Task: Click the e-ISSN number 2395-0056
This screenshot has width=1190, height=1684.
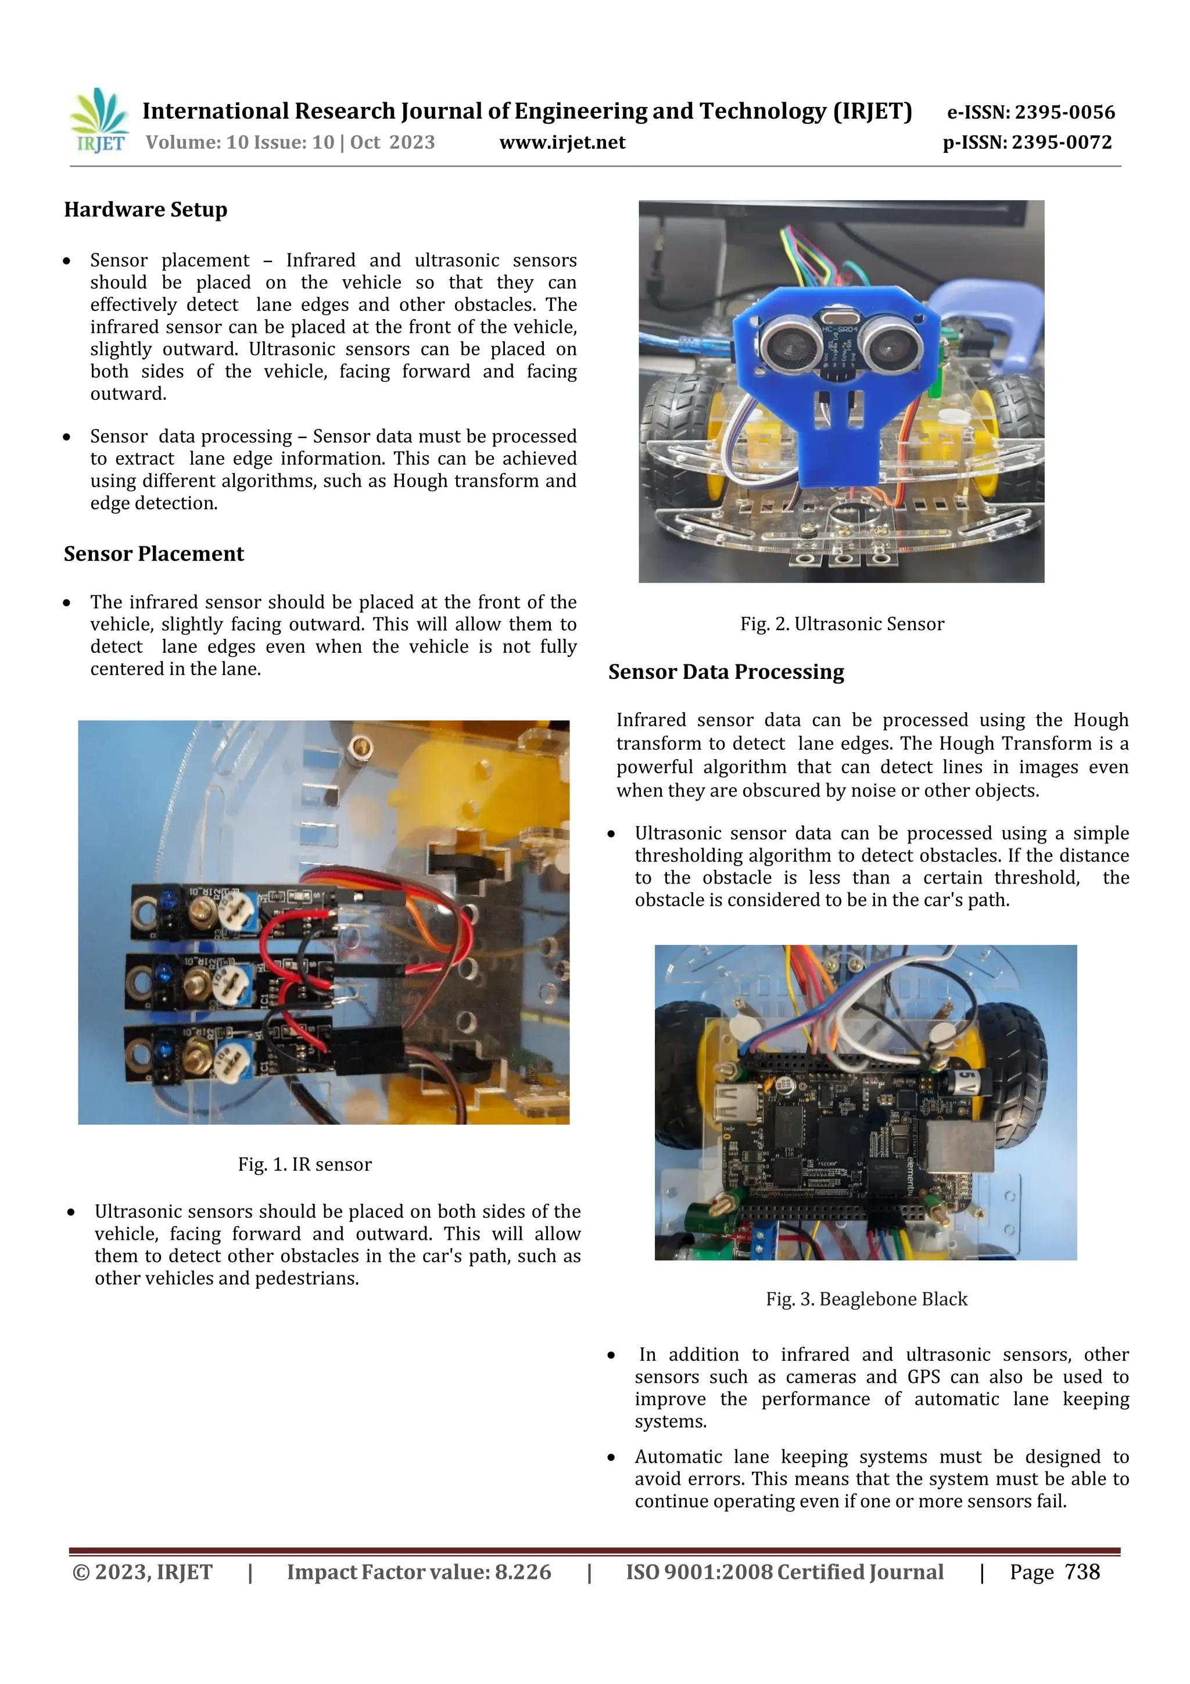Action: (x=1064, y=112)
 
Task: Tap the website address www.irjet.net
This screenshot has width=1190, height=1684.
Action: (x=562, y=142)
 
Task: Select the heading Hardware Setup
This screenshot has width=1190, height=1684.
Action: (x=145, y=210)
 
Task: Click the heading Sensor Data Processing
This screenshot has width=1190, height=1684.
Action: (x=725, y=672)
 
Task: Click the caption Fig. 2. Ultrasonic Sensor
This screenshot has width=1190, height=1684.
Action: (x=842, y=624)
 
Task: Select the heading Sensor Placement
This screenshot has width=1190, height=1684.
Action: (x=153, y=554)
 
